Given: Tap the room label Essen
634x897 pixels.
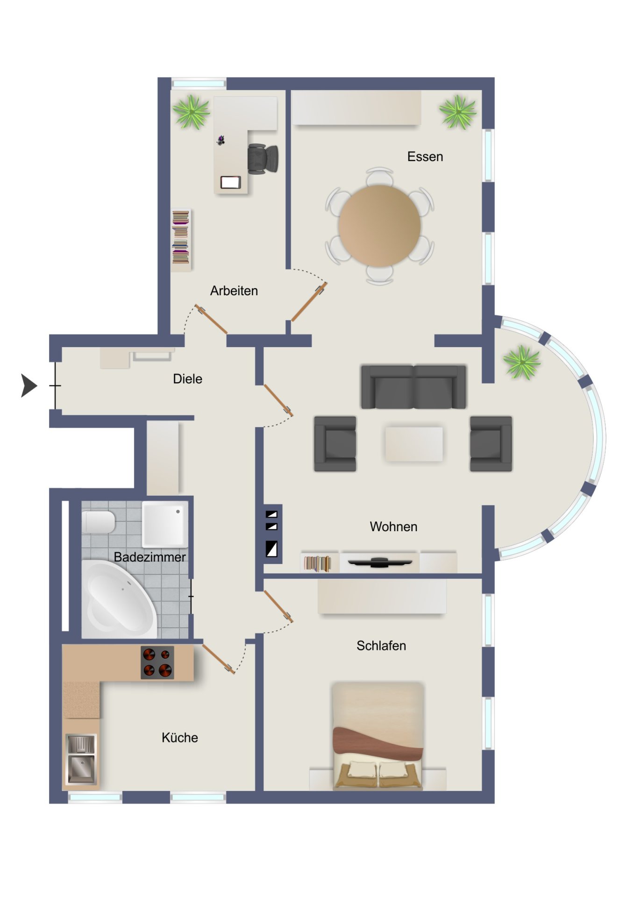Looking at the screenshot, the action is click(x=425, y=157).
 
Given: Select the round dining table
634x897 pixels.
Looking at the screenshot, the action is click(x=379, y=226).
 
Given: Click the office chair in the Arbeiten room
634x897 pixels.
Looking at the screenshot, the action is click(x=263, y=159).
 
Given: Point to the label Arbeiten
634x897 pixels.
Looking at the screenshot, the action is click(x=234, y=291).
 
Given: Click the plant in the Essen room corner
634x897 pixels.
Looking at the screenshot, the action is click(x=458, y=112).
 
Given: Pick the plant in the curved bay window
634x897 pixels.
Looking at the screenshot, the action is click(x=522, y=362).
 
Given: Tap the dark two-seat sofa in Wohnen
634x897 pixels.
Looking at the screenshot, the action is click(x=413, y=387).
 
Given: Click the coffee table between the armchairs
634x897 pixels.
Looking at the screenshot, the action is click(x=413, y=444).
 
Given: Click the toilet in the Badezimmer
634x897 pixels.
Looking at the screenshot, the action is click(x=99, y=522).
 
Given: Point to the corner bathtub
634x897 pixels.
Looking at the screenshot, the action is click(x=119, y=599).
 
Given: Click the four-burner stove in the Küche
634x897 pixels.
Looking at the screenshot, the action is click(x=157, y=662).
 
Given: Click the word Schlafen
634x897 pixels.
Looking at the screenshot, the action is click(x=381, y=646).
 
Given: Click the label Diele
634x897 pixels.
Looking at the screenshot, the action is click(x=187, y=379).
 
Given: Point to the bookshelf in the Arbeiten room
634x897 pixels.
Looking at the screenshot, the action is click(x=181, y=240).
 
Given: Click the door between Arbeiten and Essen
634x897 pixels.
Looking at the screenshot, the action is click(x=308, y=302).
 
